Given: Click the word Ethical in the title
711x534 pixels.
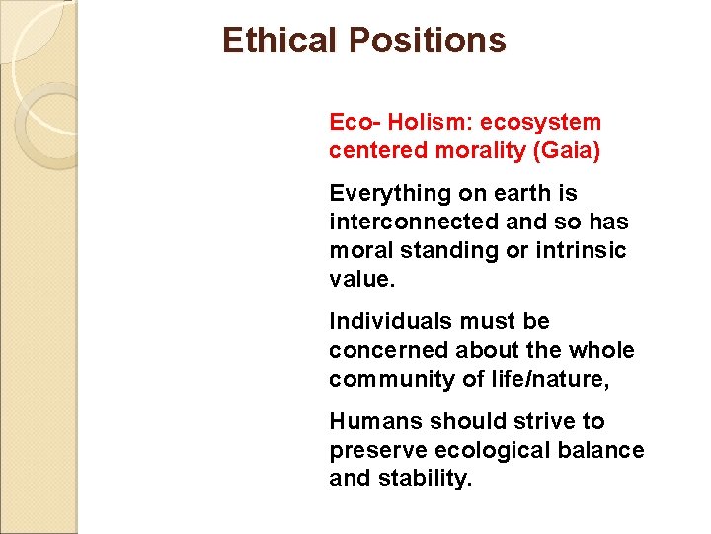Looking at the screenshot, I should [x=280, y=41].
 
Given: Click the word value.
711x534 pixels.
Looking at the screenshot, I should [x=361, y=280].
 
